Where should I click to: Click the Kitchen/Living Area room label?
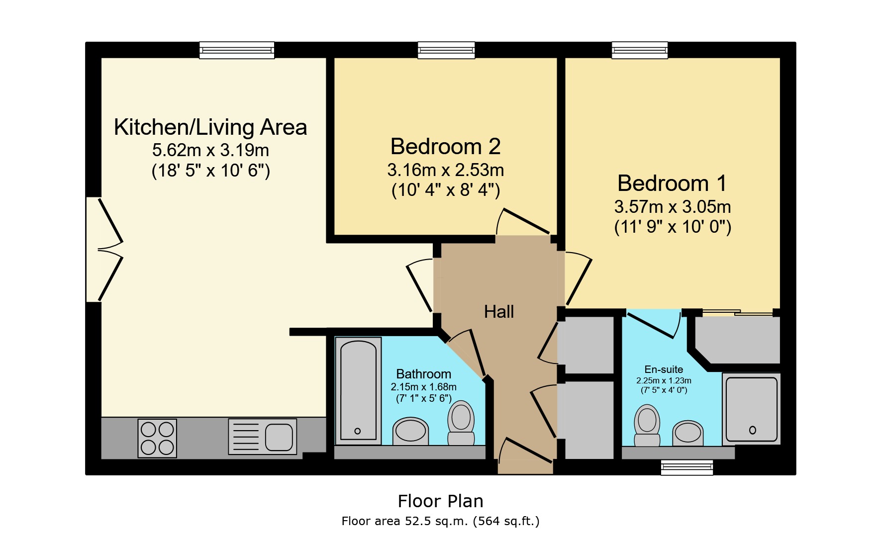coord(210,127)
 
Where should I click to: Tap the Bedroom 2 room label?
coord(445,146)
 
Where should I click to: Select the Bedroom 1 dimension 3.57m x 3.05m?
coord(673,206)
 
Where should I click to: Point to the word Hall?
coord(499,312)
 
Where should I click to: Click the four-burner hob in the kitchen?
coord(157,438)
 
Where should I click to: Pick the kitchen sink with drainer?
coord(263,437)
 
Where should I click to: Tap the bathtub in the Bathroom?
coord(358,390)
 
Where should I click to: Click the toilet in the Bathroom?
coord(461,423)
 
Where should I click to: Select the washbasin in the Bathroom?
coord(411,431)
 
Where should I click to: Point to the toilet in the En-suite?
coord(647,425)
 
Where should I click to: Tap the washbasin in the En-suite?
coord(688,433)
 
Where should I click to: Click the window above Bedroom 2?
coord(446,50)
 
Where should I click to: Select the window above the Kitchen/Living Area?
coord(237,50)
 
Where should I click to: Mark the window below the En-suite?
coord(687,467)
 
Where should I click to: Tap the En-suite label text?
coord(664,369)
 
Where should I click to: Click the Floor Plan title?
coord(440,501)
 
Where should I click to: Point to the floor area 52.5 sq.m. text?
coord(440,521)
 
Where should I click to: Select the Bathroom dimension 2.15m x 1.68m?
coord(423,387)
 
